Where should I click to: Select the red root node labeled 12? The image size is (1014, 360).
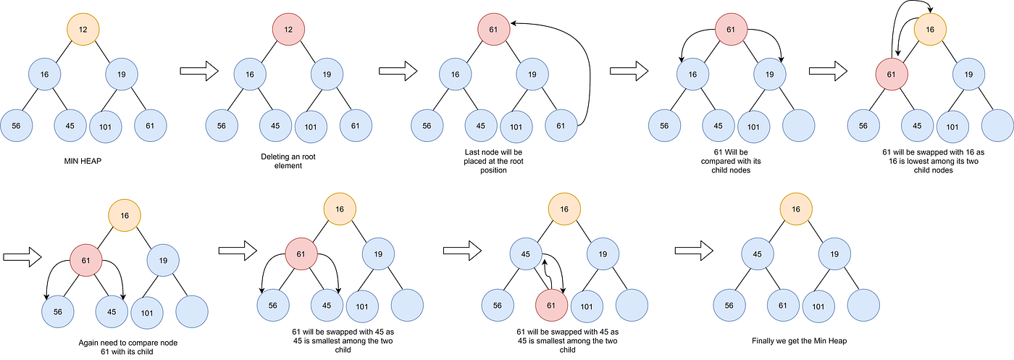(x=288, y=30)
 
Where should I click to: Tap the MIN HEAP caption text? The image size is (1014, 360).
(x=82, y=160)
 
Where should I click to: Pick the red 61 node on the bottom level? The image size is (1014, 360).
(x=552, y=305)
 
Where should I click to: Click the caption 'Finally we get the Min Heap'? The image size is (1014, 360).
(x=795, y=340)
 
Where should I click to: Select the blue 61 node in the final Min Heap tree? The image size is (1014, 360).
(x=783, y=305)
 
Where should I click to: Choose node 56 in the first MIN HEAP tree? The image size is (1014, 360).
(x=16, y=125)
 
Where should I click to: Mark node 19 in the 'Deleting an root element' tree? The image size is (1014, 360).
(x=327, y=74)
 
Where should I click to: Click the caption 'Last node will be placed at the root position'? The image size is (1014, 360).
(x=493, y=161)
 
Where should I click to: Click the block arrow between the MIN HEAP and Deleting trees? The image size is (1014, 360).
(x=198, y=70)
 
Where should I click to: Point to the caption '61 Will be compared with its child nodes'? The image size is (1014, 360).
(x=730, y=161)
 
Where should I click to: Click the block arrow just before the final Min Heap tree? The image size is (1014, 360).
(x=693, y=251)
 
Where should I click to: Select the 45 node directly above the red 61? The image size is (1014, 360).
(x=527, y=254)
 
